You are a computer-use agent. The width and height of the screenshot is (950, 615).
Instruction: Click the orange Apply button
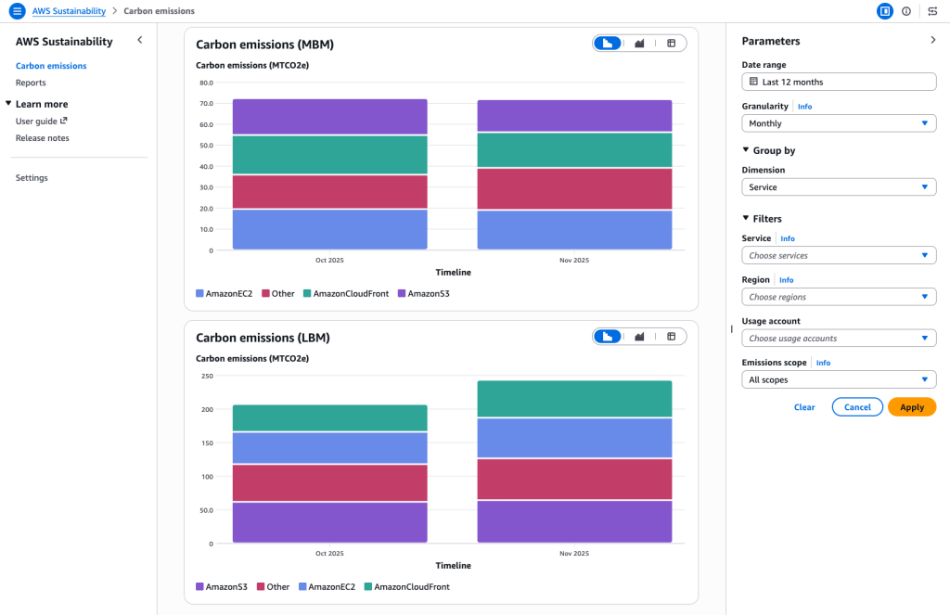point(911,407)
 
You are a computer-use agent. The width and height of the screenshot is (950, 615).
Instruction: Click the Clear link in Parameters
point(804,407)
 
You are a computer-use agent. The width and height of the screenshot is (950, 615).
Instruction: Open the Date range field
point(839,82)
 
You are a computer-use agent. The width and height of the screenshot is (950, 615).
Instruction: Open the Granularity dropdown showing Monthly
point(839,123)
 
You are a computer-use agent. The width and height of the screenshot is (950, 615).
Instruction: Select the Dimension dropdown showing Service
point(839,187)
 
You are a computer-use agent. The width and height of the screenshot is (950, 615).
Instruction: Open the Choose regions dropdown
point(839,297)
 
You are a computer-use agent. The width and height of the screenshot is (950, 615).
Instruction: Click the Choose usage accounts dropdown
point(839,339)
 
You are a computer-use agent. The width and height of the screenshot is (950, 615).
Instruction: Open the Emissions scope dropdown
point(839,379)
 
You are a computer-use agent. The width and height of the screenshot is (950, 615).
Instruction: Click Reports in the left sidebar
point(31,83)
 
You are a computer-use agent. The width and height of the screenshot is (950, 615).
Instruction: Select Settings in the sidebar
point(32,177)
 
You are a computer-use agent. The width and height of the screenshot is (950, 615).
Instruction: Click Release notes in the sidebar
point(42,138)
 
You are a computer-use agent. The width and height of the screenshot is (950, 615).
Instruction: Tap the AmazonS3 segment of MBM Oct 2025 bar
point(329,117)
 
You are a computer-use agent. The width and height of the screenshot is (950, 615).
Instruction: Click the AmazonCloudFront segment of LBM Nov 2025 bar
point(574,399)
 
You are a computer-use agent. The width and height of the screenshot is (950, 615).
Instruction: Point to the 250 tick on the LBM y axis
point(207,376)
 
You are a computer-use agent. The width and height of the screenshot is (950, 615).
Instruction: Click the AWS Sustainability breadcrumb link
point(69,11)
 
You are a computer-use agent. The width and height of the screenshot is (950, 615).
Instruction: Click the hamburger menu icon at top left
point(17,11)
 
